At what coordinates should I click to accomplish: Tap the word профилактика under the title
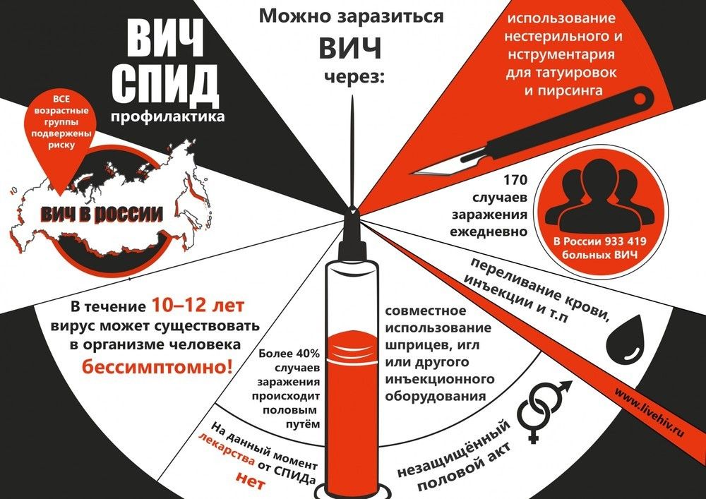pyautogui.click(x=167, y=117)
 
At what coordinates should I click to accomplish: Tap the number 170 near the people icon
pyautogui.click(x=515, y=180)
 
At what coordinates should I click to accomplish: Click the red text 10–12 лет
pyautogui.click(x=198, y=306)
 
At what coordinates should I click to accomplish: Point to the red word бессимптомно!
pyautogui.click(x=157, y=367)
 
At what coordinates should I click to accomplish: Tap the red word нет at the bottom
pyautogui.click(x=251, y=481)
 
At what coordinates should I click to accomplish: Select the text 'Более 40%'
pyautogui.click(x=289, y=353)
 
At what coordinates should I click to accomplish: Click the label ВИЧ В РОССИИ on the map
pyautogui.click(x=102, y=214)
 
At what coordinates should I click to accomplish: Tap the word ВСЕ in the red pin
pyautogui.click(x=61, y=100)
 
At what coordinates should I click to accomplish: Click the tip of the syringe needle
pyautogui.click(x=352, y=97)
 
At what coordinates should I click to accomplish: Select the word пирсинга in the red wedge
pyautogui.click(x=563, y=90)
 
